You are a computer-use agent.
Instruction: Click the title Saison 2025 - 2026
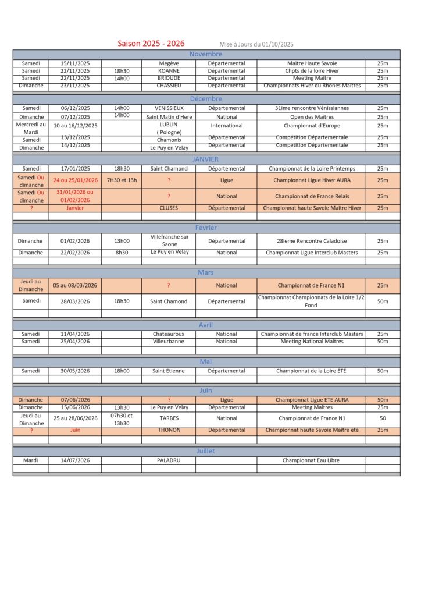click(x=151, y=44)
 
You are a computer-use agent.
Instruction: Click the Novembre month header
click(x=206, y=54)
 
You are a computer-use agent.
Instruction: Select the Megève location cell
click(x=169, y=63)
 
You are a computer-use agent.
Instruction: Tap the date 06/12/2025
click(x=76, y=108)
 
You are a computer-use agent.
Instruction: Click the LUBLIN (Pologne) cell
click(x=169, y=128)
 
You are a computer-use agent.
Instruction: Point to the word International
click(x=227, y=126)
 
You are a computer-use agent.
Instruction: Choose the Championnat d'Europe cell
click(x=311, y=126)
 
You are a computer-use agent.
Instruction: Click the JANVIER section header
click(x=206, y=159)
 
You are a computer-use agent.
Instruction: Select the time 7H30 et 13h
click(x=122, y=180)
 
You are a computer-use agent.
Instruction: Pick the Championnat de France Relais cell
click(x=311, y=196)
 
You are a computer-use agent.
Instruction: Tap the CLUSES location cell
click(x=169, y=208)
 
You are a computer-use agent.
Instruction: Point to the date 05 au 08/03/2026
click(x=76, y=286)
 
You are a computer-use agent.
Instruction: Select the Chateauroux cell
click(x=169, y=334)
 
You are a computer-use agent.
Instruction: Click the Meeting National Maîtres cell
click(x=312, y=342)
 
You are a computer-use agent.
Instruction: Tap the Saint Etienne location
click(x=169, y=371)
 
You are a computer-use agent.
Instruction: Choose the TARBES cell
click(x=169, y=418)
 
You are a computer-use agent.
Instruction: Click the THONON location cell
click(x=169, y=431)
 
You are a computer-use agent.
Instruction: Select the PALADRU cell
click(x=169, y=460)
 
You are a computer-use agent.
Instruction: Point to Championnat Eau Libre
click(x=311, y=460)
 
